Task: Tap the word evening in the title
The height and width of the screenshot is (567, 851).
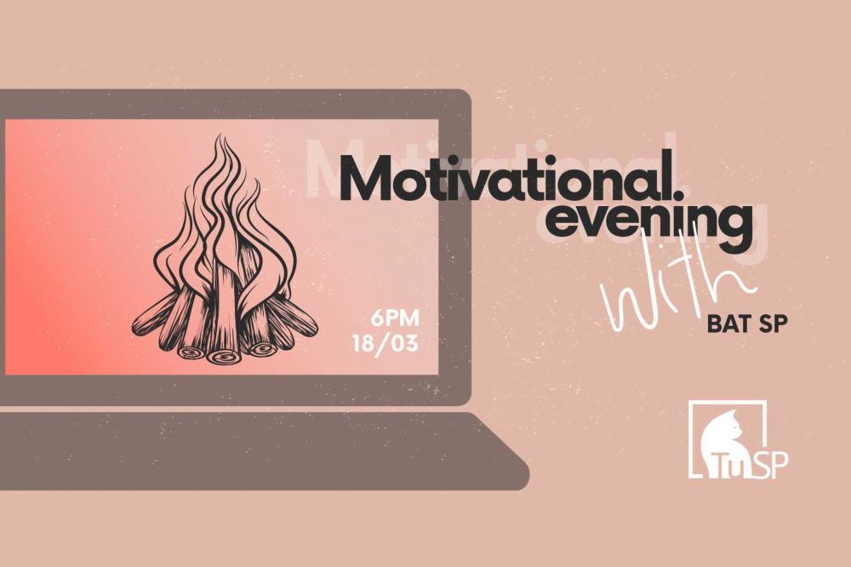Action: tap(648, 226)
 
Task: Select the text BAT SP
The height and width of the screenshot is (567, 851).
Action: tap(747, 324)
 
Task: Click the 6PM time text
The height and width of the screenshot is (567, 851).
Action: tap(395, 318)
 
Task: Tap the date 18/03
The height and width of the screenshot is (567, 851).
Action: tap(386, 344)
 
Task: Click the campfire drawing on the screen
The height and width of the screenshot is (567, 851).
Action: tap(225, 249)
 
